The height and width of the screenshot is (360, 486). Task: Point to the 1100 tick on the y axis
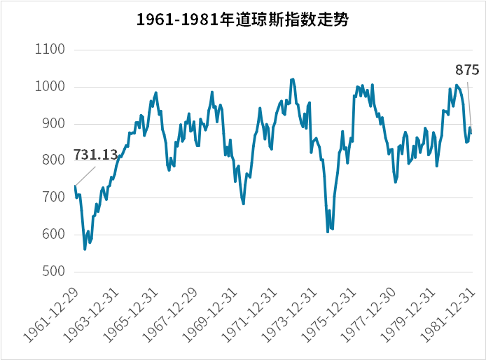tap(49, 50)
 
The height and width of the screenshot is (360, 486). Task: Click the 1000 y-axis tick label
tap(49, 87)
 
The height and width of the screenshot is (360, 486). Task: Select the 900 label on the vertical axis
tap(53, 124)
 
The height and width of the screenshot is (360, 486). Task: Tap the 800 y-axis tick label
tap(53, 161)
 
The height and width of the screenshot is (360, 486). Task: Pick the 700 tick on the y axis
tap(53, 198)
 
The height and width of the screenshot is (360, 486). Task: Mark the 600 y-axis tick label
tap(53, 235)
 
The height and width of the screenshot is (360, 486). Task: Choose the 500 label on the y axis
tap(53, 272)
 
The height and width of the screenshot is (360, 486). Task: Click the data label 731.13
tap(95, 155)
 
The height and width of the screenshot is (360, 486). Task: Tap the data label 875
tap(467, 70)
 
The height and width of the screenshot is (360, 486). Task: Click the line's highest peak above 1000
tap(292, 79)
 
